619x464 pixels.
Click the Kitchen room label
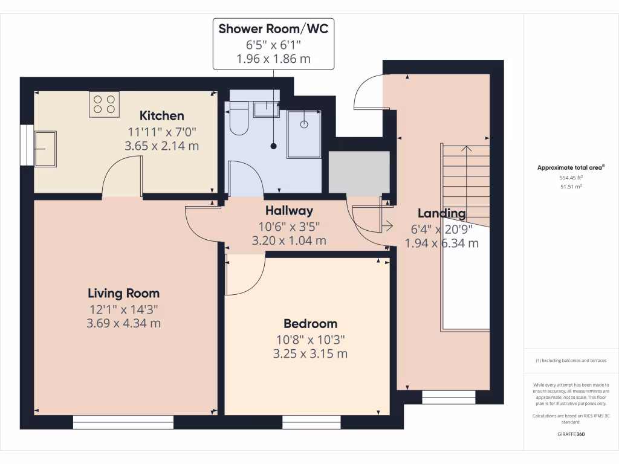161,115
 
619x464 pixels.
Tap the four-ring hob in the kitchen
104,104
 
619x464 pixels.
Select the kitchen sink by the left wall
45,148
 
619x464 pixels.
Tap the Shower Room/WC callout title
273,29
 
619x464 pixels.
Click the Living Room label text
124,294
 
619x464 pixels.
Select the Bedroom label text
310,324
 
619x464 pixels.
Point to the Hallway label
289,211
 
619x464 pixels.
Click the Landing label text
442,213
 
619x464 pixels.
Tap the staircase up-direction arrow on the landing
466,149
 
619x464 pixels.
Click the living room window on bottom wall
123,422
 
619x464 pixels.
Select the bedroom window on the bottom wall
307,422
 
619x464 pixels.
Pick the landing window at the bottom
449,397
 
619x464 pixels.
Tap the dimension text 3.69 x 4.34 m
124,323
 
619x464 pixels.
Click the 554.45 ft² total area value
571,178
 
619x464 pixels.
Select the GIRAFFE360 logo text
571,434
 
